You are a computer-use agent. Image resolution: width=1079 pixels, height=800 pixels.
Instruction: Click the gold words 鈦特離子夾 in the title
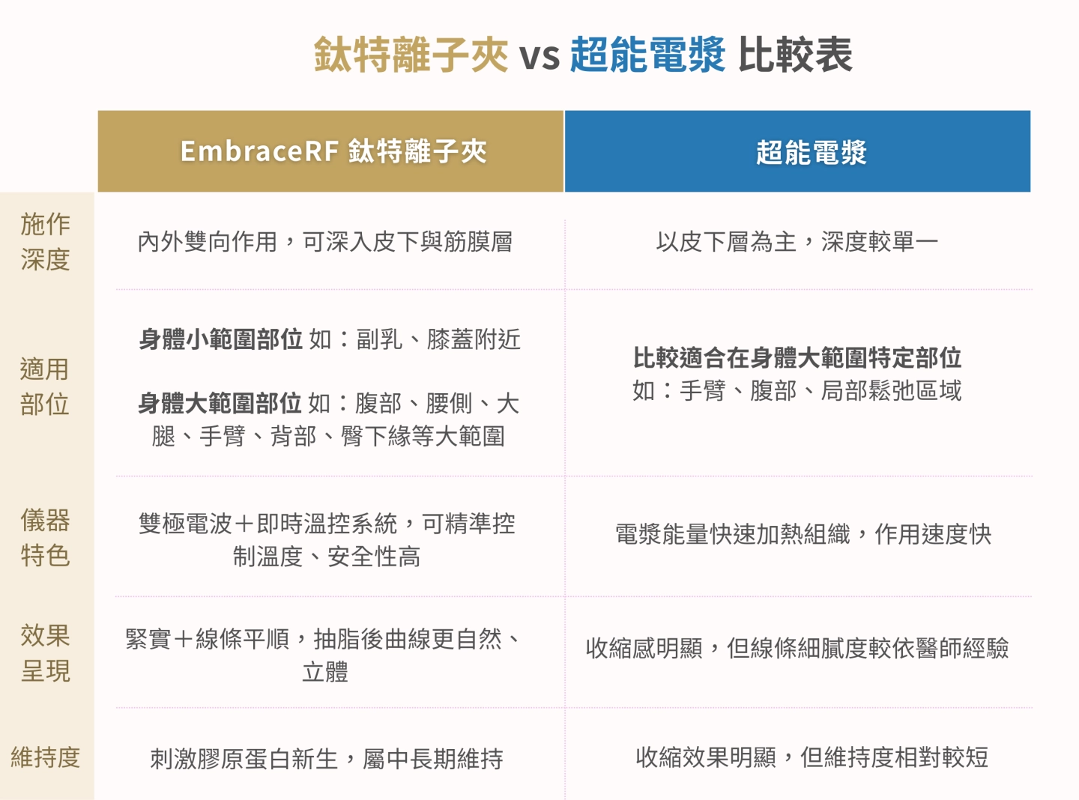(x=411, y=55)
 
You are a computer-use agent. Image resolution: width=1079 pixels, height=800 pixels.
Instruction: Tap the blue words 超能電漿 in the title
(x=647, y=55)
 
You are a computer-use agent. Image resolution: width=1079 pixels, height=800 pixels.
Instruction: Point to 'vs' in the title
(x=539, y=57)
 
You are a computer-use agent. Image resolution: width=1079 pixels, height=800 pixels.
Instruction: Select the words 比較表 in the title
(x=795, y=55)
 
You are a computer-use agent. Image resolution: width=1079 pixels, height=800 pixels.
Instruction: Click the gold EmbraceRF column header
(x=330, y=151)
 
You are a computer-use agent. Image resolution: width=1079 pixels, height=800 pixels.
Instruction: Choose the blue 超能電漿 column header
(x=797, y=151)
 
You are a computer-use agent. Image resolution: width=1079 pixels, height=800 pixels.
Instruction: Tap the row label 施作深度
(x=46, y=241)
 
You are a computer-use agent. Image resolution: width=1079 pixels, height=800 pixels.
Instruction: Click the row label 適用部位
(x=46, y=387)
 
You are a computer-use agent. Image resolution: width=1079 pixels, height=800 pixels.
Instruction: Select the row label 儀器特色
(x=46, y=537)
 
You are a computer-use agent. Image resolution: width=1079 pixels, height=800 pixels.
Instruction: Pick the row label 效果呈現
(x=46, y=652)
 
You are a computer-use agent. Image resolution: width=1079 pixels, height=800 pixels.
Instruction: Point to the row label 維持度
(x=46, y=757)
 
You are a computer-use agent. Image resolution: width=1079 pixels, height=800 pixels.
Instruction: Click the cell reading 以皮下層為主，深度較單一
(x=797, y=242)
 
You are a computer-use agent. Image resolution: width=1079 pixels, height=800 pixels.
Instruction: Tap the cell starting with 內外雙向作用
(x=325, y=242)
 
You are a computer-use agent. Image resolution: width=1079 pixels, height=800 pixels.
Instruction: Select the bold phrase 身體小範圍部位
(x=221, y=339)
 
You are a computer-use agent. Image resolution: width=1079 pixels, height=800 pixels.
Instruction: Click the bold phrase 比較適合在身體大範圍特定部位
(x=797, y=358)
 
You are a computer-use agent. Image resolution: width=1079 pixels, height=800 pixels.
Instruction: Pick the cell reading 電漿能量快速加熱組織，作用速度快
(x=803, y=534)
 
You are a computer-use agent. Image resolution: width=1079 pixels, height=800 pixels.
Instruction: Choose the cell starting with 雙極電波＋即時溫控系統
(x=327, y=539)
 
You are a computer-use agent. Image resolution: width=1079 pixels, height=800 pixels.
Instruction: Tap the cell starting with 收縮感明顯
(x=797, y=648)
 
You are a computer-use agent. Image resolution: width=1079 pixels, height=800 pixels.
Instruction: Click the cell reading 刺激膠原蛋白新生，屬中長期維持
(x=327, y=759)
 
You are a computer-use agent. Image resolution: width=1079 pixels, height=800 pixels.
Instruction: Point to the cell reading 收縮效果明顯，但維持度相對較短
(x=811, y=757)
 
